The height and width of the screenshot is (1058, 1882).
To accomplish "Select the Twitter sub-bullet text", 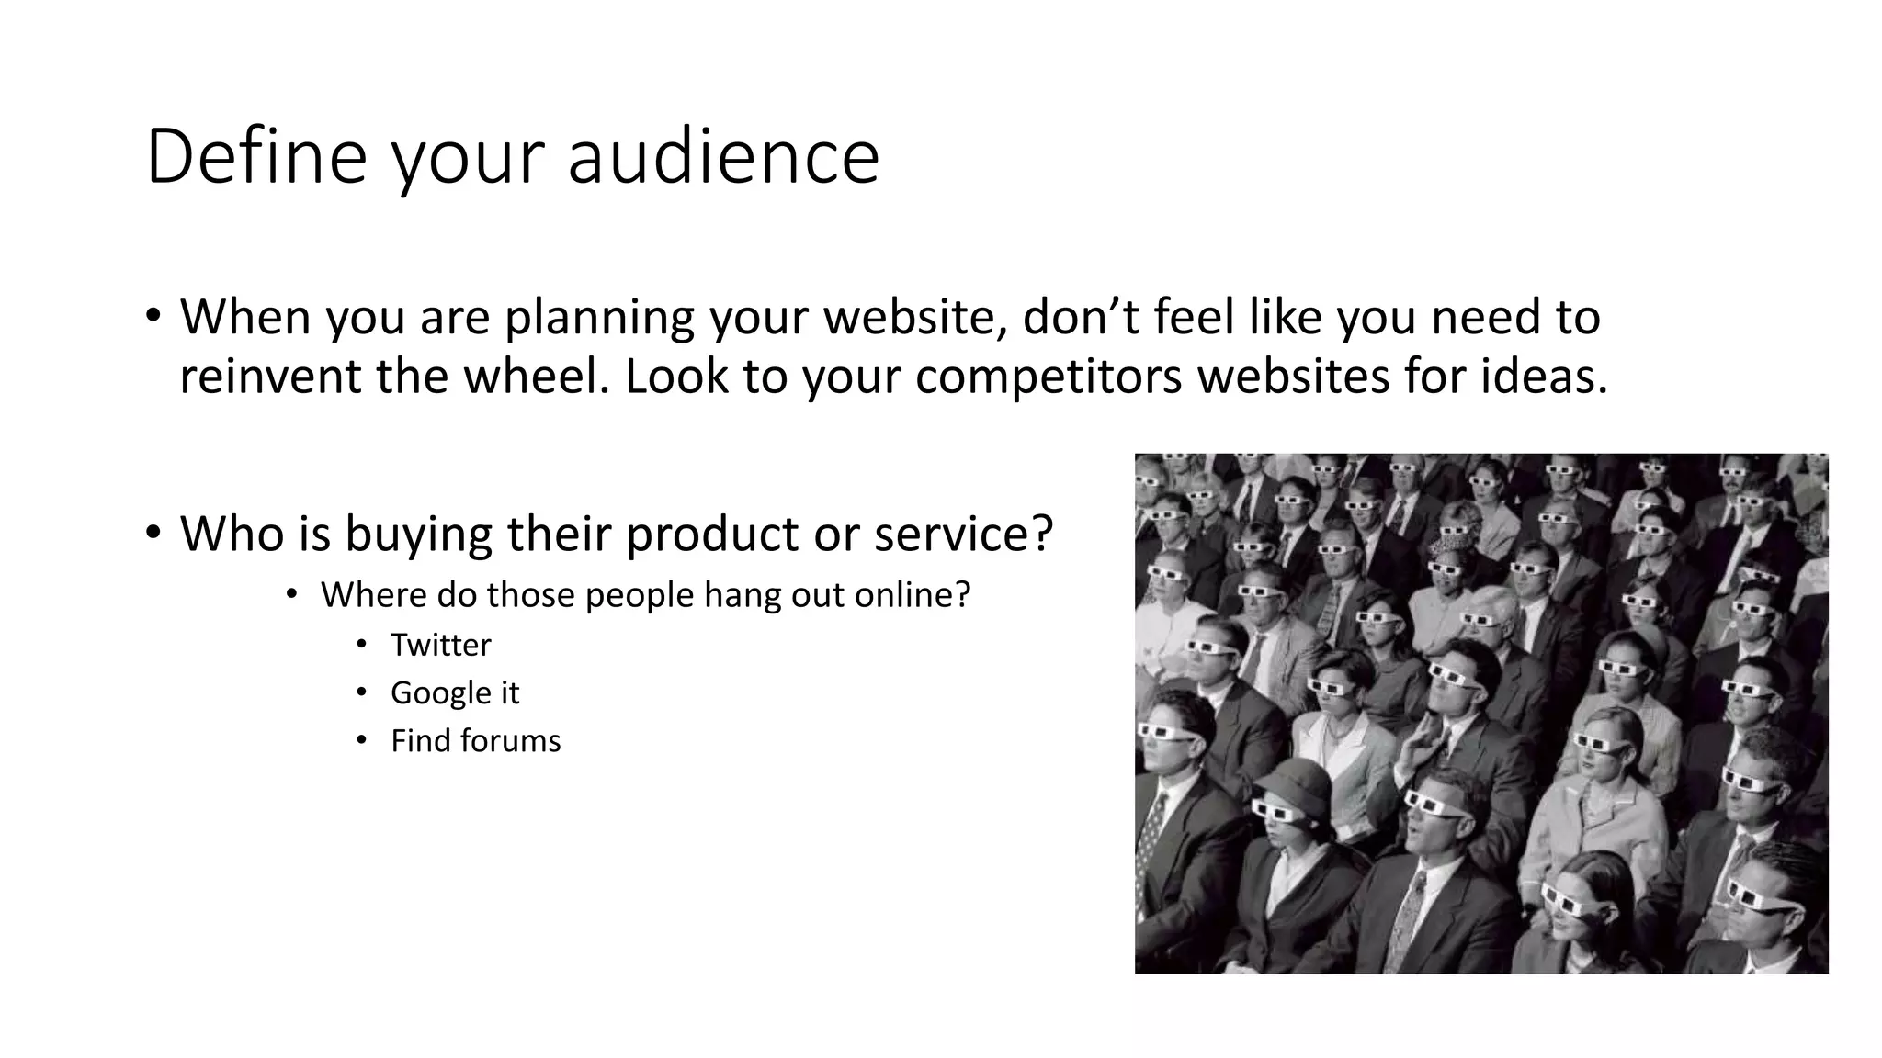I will tap(440, 645).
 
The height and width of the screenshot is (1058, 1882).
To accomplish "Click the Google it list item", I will tap(455, 692).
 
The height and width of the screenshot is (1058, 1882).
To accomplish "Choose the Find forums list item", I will tap(475, 741).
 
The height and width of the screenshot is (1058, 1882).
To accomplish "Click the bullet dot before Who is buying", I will tap(153, 532).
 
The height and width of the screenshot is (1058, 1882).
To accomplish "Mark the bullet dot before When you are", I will tap(153, 315).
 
